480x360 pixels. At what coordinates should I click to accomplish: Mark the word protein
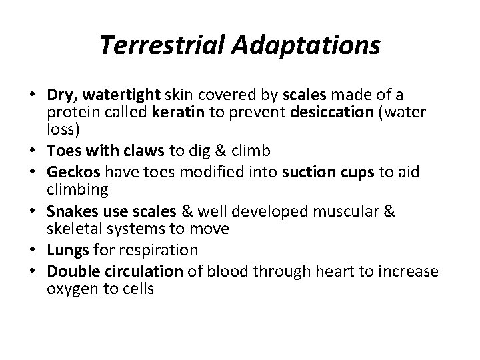tap(67, 113)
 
